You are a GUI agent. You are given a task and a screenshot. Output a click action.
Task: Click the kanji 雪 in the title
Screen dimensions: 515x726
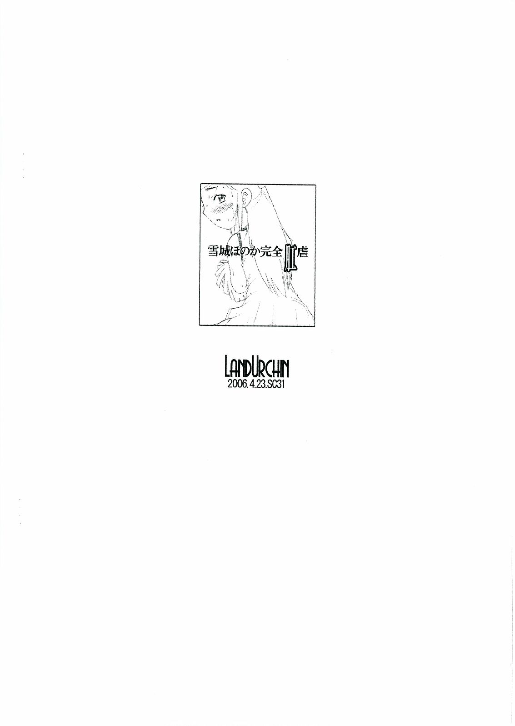tap(214, 252)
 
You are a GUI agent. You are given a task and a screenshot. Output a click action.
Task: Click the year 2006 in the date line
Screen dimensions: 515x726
tap(235, 385)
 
